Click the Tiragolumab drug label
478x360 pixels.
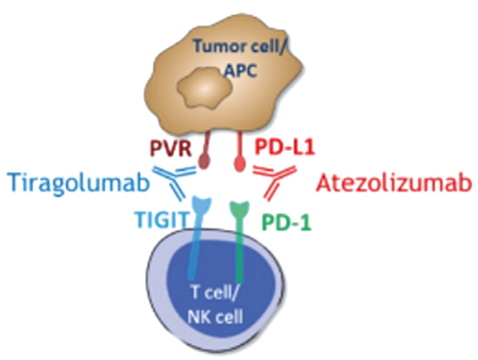79,184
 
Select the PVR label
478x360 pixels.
171,149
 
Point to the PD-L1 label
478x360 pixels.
284,147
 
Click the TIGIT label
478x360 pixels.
162,219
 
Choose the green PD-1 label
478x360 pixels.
286,222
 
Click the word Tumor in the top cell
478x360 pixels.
220,46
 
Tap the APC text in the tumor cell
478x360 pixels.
241,71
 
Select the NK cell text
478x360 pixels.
215,317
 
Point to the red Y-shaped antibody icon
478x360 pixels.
274,182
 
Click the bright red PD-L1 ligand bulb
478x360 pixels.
240,165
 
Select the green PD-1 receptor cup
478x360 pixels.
240,208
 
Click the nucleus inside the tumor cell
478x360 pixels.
206,86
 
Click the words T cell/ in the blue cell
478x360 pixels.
214,294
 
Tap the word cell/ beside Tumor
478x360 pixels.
269,47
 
